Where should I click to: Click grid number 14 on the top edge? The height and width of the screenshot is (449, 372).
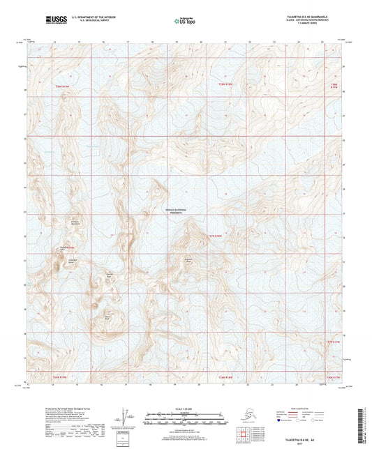click(x=54, y=42)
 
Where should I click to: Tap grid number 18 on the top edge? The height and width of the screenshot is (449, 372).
click(x=152, y=42)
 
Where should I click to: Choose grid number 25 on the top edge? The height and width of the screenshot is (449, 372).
click(x=322, y=42)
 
